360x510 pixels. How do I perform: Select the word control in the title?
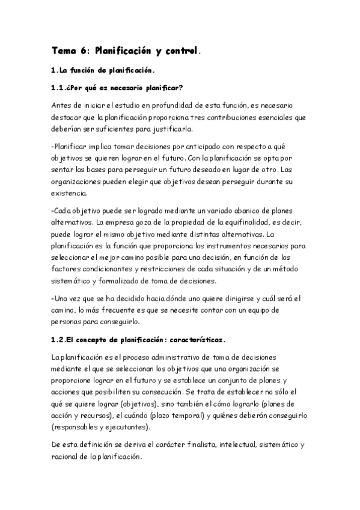[x=178, y=52]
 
